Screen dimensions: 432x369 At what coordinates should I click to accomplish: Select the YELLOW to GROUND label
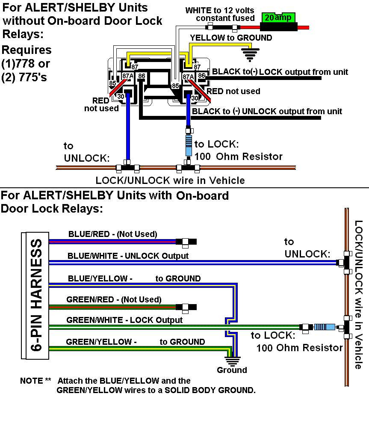pyautogui.click(x=231, y=38)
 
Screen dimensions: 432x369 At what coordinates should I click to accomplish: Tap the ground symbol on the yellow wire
pyautogui.click(x=251, y=54)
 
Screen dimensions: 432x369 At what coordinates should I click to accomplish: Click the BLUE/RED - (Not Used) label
pyautogui.click(x=112, y=234)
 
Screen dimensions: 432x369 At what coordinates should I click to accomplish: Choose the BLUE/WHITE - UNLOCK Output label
pyautogui.click(x=128, y=256)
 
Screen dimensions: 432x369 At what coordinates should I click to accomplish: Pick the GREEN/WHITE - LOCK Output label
pyautogui.click(x=124, y=320)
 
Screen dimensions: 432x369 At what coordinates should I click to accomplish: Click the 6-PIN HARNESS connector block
pyautogui.click(x=35, y=296)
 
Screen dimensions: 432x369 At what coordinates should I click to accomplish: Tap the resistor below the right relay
pyautogui.click(x=188, y=145)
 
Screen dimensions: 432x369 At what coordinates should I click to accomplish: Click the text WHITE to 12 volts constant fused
pyautogui.click(x=220, y=14)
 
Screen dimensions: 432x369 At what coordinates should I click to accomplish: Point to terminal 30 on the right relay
pyautogui.click(x=195, y=98)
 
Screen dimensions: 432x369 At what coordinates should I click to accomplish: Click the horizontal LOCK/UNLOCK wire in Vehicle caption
pyautogui.click(x=170, y=180)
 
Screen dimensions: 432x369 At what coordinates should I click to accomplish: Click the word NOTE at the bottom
pyautogui.click(x=31, y=381)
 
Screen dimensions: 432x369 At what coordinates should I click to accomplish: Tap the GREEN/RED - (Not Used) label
pyautogui.click(x=114, y=299)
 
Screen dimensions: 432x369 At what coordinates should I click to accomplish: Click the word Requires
pyautogui.click(x=27, y=50)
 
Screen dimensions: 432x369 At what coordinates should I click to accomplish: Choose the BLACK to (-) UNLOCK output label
pyautogui.click(x=267, y=111)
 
